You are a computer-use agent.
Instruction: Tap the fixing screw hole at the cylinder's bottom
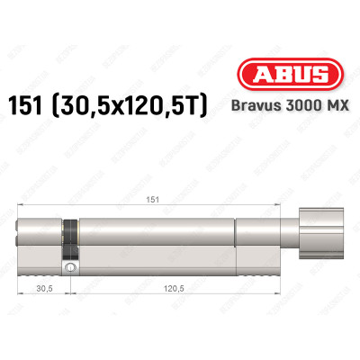(x=69, y=268)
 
